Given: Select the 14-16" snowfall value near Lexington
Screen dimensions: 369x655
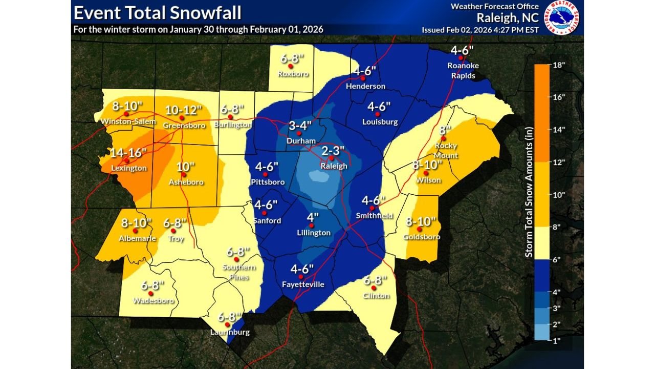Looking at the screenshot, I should click(x=128, y=153).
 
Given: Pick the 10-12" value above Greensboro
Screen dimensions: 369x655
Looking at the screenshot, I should click(x=183, y=110).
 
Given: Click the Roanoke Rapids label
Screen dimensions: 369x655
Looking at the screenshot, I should click(x=461, y=71).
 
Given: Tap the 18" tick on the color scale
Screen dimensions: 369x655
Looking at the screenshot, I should click(x=558, y=65).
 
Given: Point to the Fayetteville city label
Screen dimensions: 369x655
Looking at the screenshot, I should click(x=303, y=284).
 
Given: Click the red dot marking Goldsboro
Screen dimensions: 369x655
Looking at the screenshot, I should click(x=419, y=229).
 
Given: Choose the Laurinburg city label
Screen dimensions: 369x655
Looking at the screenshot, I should click(x=230, y=332).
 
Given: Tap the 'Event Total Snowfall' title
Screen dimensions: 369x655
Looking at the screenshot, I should click(x=158, y=13).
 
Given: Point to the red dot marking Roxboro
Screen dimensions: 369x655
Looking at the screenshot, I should click(x=290, y=66).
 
